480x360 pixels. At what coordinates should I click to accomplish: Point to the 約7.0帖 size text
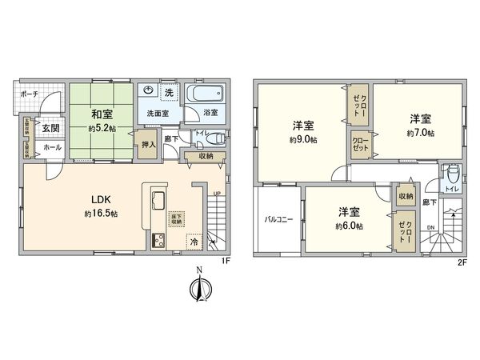[419, 133]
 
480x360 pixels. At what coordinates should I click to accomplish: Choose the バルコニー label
[279, 218]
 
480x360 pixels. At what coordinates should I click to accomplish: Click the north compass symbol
[200, 289]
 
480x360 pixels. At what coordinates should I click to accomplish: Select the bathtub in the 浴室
[198, 94]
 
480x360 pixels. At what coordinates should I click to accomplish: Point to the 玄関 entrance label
[50, 128]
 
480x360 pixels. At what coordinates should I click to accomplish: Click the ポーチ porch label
[29, 94]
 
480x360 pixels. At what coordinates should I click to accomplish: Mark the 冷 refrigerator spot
[194, 239]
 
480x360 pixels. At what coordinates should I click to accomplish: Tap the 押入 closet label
[148, 145]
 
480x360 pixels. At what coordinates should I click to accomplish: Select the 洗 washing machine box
[169, 94]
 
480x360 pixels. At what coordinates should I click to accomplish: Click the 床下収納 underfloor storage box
[174, 218]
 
